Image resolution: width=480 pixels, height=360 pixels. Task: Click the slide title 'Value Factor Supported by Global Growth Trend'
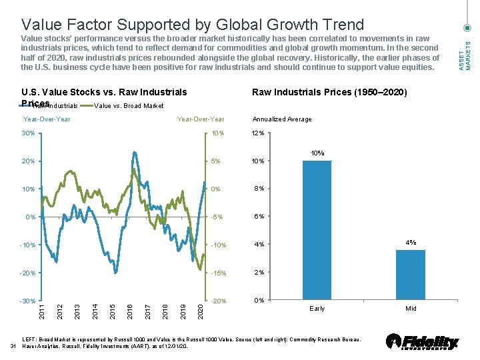pyautogui.click(x=193, y=25)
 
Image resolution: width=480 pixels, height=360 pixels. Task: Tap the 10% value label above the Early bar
pyautogui.click(x=317, y=153)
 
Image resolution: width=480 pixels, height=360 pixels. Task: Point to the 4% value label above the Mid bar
pyautogui.click(x=411, y=243)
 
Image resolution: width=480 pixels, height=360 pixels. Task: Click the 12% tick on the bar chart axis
pyautogui.click(x=257, y=133)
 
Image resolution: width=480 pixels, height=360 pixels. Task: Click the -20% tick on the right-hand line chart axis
pyautogui.click(x=219, y=301)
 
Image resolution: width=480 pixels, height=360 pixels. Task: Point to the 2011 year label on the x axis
pyautogui.click(x=42, y=311)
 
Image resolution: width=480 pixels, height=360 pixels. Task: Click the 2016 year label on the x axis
pyautogui.click(x=130, y=311)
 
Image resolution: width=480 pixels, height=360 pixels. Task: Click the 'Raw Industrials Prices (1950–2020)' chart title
pyautogui.click(x=329, y=92)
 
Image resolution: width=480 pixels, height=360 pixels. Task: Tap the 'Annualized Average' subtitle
pyautogui.click(x=281, y=119)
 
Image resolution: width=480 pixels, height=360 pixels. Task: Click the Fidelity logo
pyautogui.click(x=423, y=342)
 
